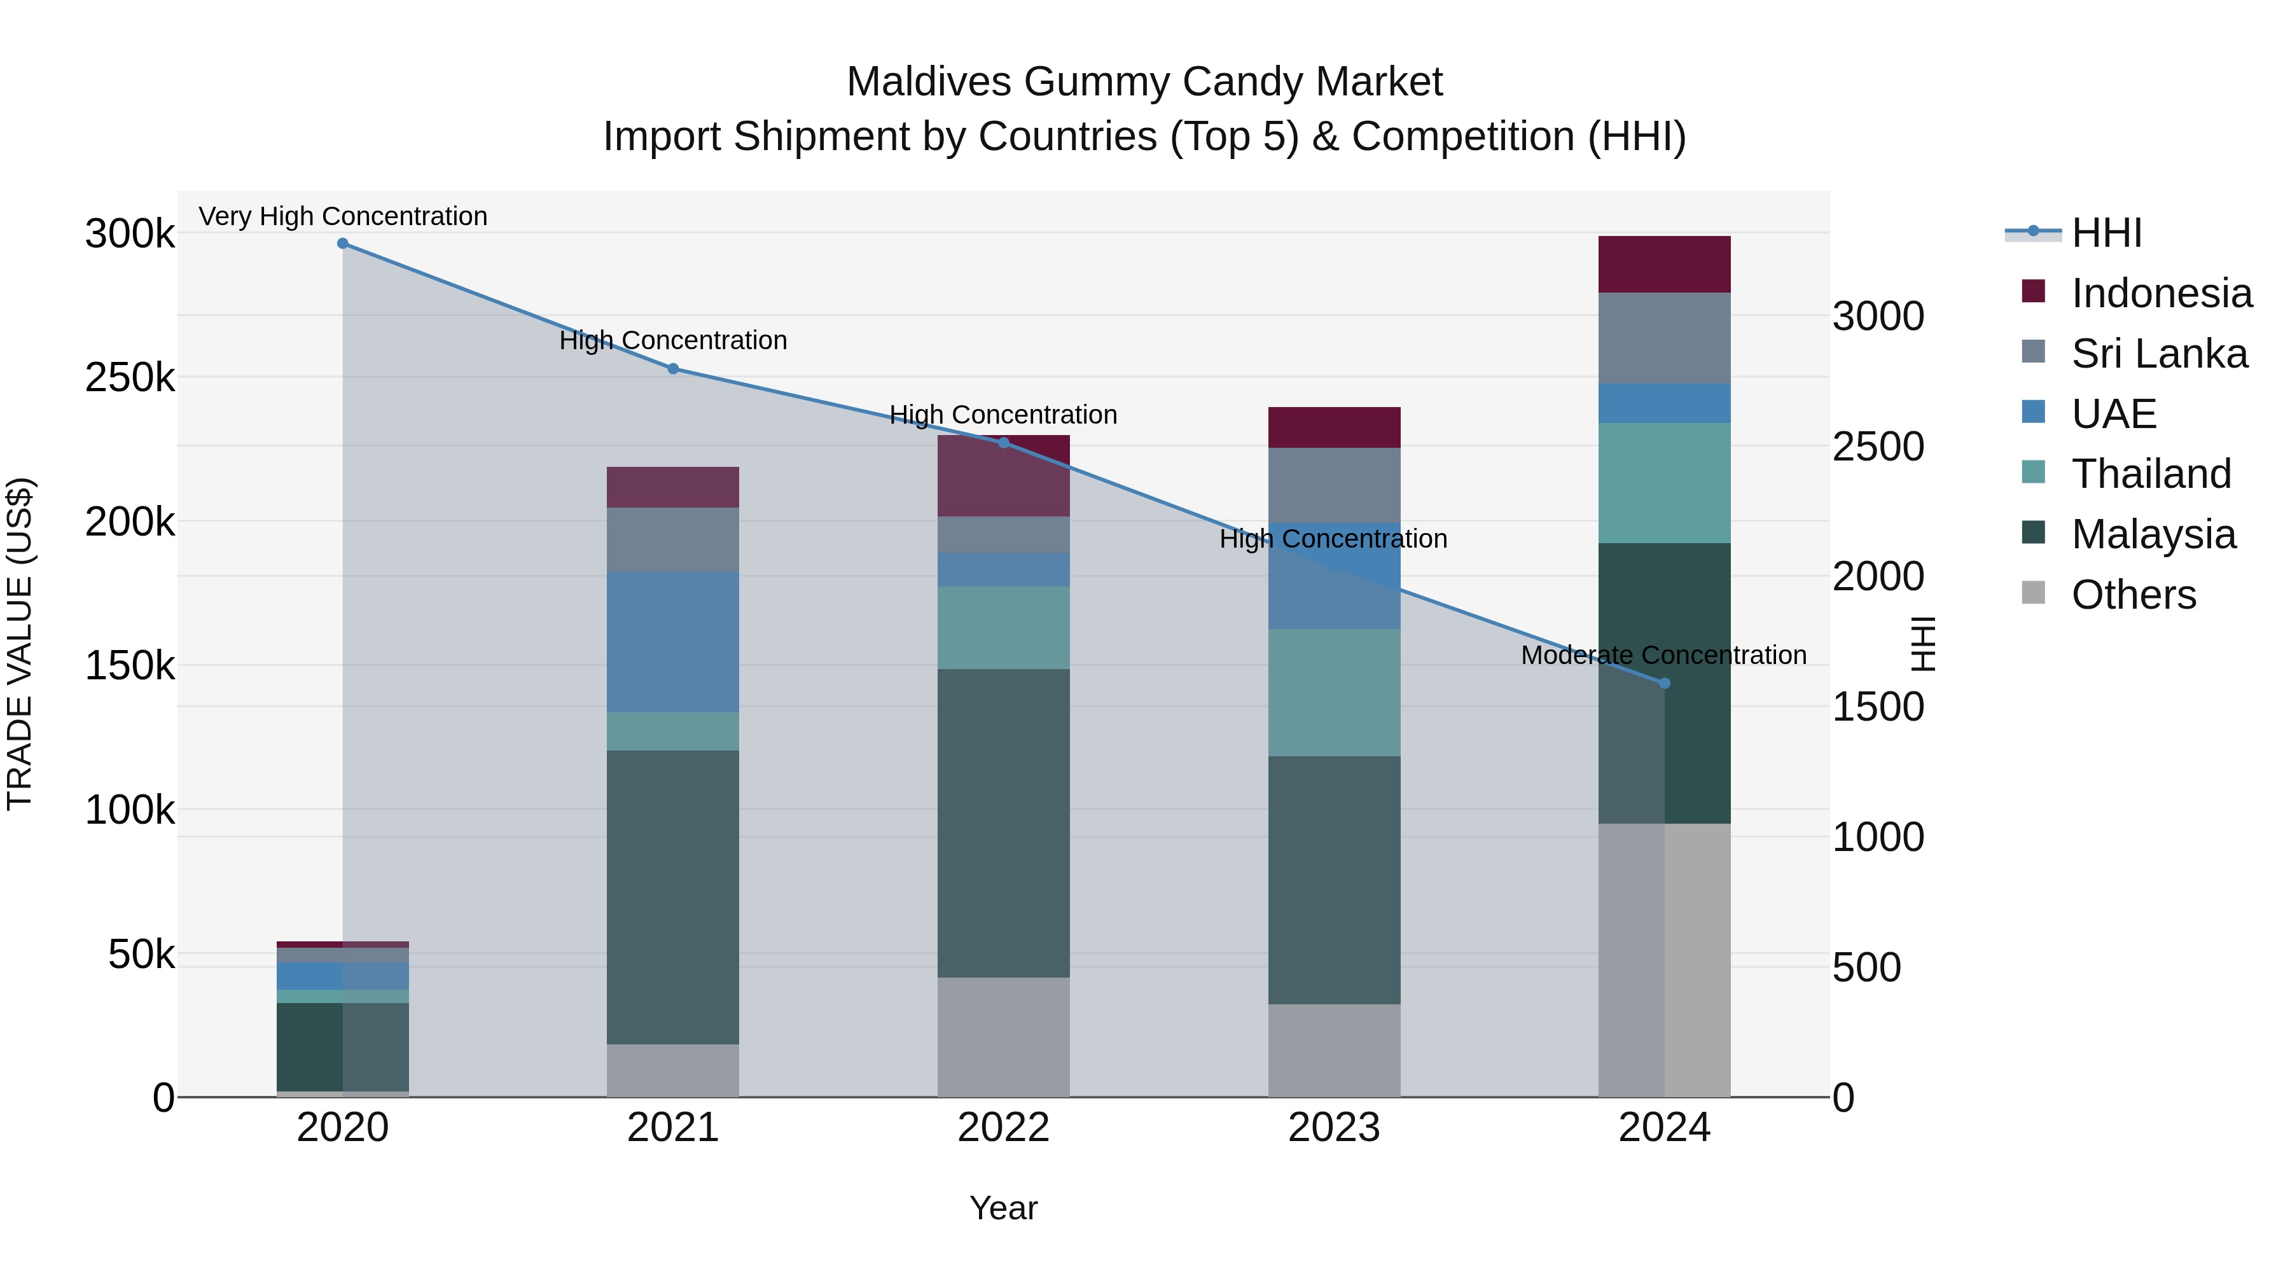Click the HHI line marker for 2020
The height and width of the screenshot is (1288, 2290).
342,244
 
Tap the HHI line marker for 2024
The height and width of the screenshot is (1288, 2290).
1665,684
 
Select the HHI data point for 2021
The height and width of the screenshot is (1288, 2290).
673,369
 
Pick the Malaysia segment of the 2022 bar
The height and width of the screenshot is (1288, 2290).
1004,822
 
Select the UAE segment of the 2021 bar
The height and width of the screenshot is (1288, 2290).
673,642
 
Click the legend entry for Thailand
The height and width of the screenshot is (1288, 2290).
2151,474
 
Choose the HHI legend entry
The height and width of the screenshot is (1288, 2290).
2106,233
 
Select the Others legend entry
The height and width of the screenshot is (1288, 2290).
2133,595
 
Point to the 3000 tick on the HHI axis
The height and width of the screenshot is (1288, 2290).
1878,317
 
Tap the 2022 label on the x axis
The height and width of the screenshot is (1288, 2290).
1004,1128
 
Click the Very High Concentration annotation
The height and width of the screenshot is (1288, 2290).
342,216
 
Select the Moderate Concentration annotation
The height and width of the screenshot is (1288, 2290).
1663,655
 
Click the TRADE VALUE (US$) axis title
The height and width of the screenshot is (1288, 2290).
20,644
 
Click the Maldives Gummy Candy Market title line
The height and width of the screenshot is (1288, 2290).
1144,82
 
